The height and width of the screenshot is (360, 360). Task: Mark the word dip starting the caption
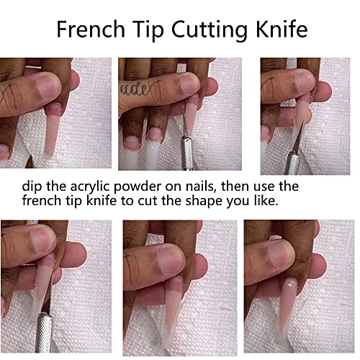click(x=33, y=186)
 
